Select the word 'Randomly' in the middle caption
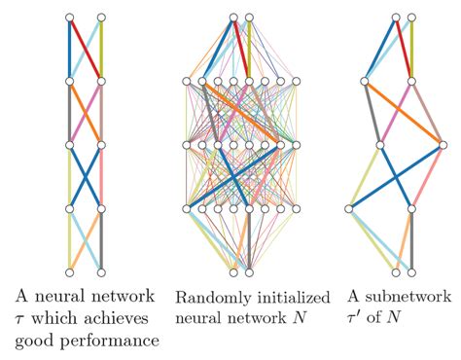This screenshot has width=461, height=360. tap(210, 295)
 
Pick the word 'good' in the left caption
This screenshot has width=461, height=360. tap(34, 342)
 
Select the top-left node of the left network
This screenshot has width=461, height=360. tap(69, 18)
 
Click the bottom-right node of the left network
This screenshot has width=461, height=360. tap(100, 271)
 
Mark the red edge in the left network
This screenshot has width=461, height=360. tap(85, 49)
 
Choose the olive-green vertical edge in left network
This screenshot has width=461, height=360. tap(100, 49)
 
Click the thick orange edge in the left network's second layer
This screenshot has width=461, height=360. tap(85, 112)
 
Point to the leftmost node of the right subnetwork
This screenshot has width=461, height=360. tap(350, 208)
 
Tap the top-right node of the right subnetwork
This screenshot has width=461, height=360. tap(412, 18)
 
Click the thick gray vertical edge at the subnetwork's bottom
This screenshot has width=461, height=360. tap(412, 239)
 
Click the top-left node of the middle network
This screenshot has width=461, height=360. tap(233, 18)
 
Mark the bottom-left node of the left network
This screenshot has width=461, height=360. tap(69, 271)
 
